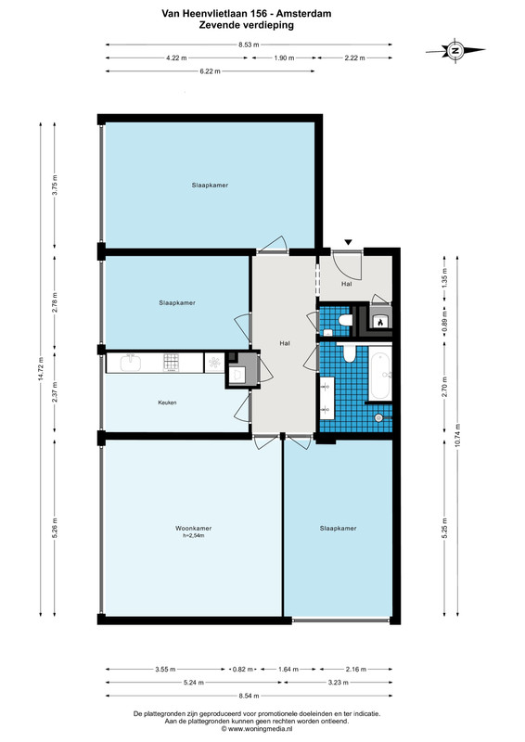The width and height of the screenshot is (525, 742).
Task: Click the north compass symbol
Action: [455, 50]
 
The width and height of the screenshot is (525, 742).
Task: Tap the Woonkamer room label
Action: [193, 528]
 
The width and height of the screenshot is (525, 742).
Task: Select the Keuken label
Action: [167, 403]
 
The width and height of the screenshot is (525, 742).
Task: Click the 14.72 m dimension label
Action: [41, 368]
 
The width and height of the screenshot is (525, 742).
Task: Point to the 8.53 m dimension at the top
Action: [249, 45]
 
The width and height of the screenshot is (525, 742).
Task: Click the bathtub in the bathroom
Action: [380, 373]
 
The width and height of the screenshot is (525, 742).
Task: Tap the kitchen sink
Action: [130, 363]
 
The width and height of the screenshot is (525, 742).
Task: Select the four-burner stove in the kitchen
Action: [172, 363]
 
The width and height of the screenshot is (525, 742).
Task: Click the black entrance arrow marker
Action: [349, 242]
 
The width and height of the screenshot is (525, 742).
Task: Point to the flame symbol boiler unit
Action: [380, 321]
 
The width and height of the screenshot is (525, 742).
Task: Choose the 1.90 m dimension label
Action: [284, 58]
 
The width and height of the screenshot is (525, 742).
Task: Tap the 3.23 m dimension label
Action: [338, 683]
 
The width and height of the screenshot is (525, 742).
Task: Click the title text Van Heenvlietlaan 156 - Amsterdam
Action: [246, 14]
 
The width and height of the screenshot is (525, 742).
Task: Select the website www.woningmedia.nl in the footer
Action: [257, 729]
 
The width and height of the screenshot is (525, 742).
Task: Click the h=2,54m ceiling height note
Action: [193, 536]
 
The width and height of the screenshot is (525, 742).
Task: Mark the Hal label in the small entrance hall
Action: [347, 284]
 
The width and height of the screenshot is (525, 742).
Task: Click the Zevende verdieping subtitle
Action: [246, 25]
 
